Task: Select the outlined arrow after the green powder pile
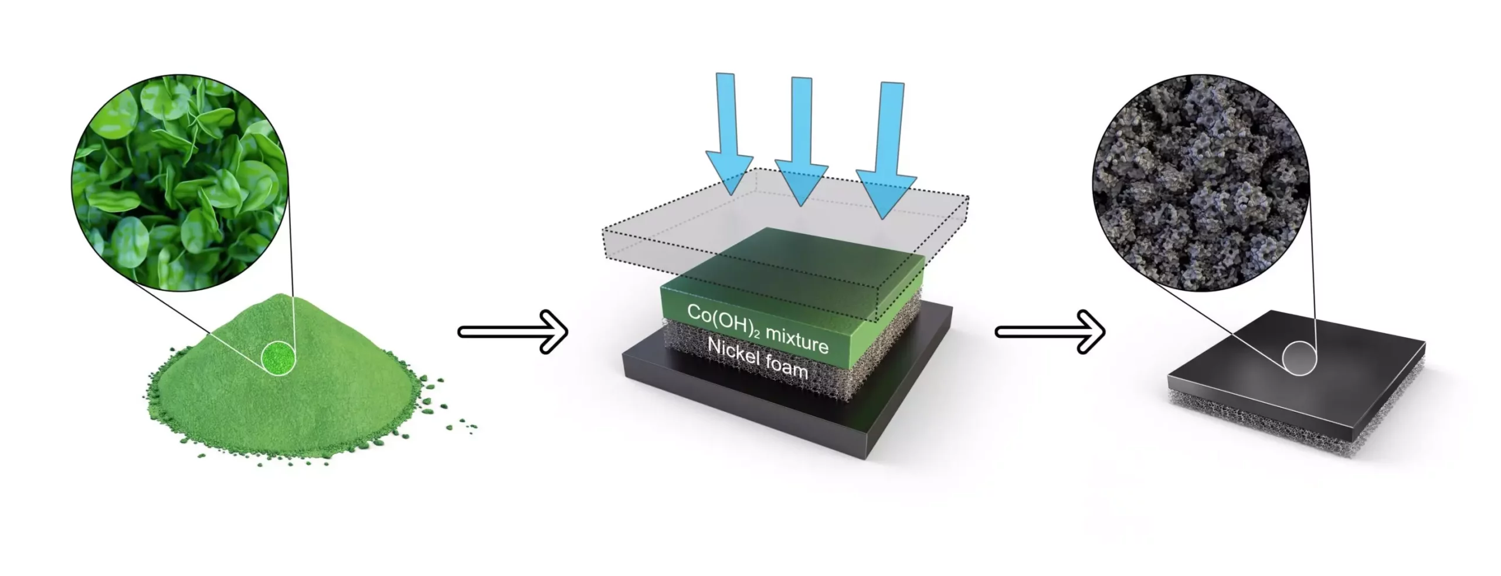pyautogui.click(x=513, y=332)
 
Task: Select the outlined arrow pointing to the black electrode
pyautogui.click(x=1050, y=332)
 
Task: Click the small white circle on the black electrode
pyautogui.click(x=1299, y=358)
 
